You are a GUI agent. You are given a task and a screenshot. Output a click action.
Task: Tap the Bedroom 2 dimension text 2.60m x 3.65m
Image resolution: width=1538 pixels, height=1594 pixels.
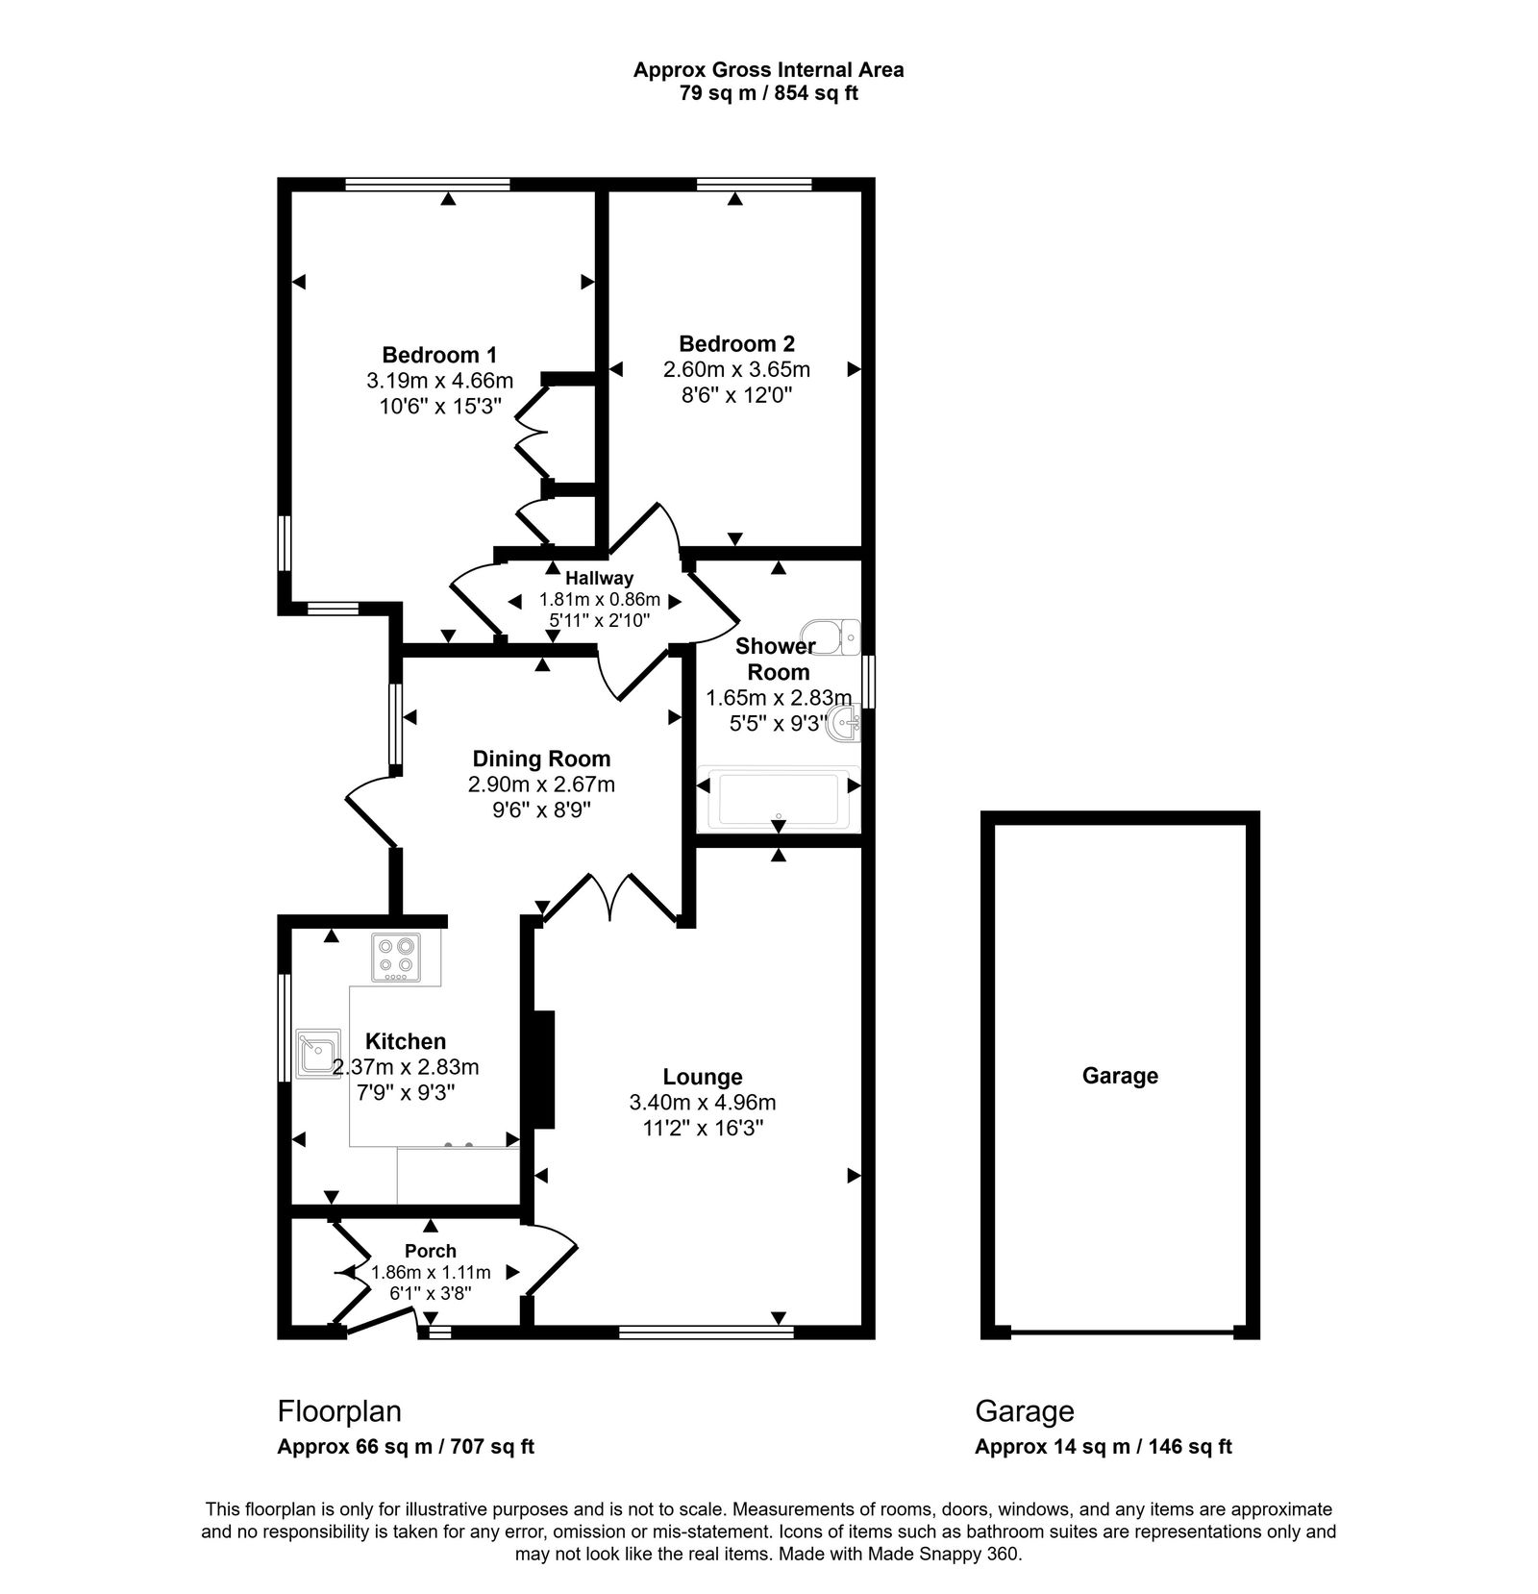tap(736, 369)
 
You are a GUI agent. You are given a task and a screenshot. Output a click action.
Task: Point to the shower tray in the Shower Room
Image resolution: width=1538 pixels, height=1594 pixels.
tap(778, 798)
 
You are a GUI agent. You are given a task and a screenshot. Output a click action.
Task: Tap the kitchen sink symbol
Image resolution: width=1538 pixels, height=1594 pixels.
tap(317, 1054)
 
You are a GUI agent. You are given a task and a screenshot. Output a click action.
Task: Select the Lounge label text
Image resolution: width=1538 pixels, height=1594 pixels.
tap(703, 1077)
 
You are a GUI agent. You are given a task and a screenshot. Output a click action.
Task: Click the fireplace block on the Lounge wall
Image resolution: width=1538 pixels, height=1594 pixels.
tap(544, 1068)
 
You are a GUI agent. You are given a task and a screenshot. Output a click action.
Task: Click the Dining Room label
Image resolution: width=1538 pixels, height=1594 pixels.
tap(541, 759)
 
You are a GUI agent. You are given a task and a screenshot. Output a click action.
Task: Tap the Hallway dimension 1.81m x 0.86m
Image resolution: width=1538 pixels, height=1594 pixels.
tap(599, 599)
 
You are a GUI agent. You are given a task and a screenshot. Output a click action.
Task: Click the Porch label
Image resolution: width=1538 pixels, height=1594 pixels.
tap(431, 1251)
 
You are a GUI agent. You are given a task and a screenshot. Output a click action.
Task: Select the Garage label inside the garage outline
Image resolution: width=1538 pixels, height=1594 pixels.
tap(1120, 1075)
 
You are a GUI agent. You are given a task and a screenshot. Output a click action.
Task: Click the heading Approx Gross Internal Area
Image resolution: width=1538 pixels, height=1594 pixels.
tap(768, 69)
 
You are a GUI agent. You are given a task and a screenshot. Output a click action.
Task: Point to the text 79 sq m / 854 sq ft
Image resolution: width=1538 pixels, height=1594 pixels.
tap(768, 93)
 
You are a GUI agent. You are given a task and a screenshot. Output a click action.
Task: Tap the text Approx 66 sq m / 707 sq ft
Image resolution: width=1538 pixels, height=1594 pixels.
tap(406, 1446)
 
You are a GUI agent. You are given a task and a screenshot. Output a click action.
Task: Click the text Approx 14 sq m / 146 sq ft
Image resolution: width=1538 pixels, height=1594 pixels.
tap(1103, 1446)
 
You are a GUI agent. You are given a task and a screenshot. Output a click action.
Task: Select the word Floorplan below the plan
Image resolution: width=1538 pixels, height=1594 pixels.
tap(339, 1410)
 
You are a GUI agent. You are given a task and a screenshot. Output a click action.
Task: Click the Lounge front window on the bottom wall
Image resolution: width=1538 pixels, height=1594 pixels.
tap(707, 1332)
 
